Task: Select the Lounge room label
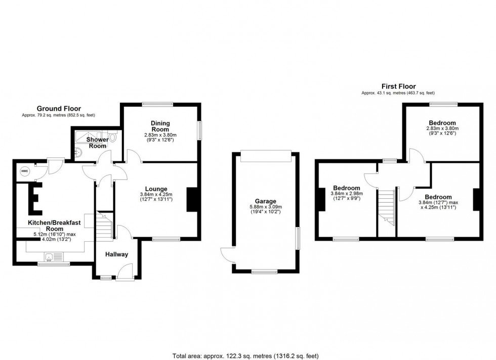click(156, 189)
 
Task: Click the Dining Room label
click(160, 126)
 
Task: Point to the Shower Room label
click(97, 143)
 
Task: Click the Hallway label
click(117, 254)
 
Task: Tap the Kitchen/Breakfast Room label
click(48, 225)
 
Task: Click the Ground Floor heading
click(59, 108)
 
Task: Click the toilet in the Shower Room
click(112, 137)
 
